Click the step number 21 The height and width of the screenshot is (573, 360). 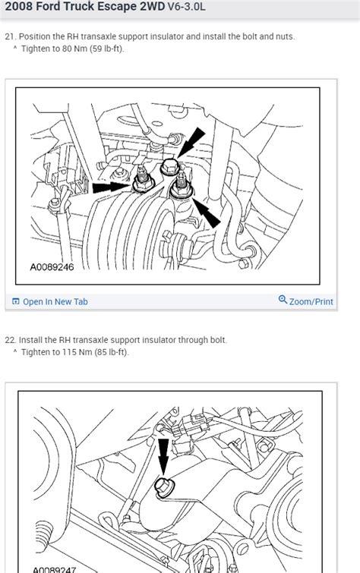10,36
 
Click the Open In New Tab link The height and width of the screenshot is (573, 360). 55,301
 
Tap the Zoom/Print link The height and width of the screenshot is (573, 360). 311,301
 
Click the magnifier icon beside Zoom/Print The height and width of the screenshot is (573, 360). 283,301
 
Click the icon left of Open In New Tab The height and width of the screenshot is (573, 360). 15,301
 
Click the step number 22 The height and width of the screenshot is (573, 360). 10,340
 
